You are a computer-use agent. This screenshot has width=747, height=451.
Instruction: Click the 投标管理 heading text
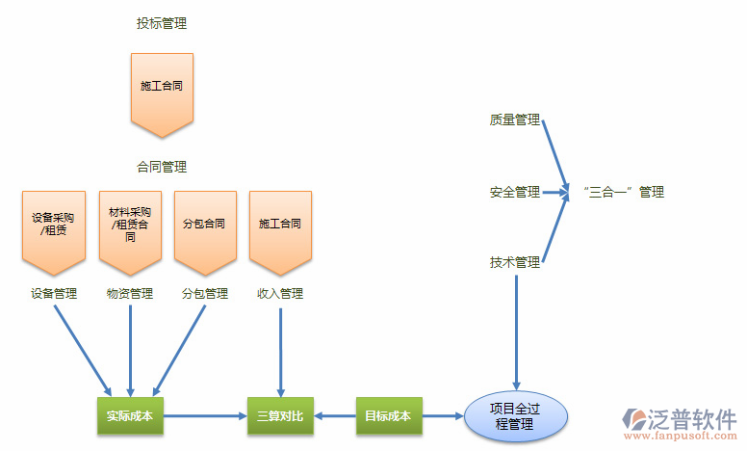tap(162, 23)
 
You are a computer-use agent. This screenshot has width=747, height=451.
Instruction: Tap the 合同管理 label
tap(162, 167)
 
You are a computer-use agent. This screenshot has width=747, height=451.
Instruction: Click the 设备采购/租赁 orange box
tap(53, 227)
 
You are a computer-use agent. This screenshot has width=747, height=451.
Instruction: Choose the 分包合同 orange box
tap(204, 227)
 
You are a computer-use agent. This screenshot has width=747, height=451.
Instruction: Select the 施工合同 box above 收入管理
tap(280, 227)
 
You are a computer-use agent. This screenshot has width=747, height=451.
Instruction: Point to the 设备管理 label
tap(53, 294)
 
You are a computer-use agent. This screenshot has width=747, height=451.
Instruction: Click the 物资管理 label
tap(130, 294)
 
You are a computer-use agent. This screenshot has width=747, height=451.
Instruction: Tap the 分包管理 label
tap(204, 294)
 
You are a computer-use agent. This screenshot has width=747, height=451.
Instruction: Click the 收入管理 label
tap(280, 294)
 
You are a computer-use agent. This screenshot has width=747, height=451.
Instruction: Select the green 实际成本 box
tap(130, 416)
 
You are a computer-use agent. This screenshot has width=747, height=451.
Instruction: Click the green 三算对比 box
tap(280, 416)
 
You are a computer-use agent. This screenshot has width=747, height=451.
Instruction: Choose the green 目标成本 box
tap(388, 416)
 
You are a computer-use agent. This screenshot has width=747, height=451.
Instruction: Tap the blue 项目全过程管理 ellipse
tap(516, 416)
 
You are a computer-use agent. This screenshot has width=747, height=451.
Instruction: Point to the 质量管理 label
tap(514, 120)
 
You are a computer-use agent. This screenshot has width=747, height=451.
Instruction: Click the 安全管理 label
tap(514, 192)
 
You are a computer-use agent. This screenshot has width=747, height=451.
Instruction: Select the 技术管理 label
tap(514, 262)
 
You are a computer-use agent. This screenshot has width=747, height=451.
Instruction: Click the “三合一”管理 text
tap(624, 192)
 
